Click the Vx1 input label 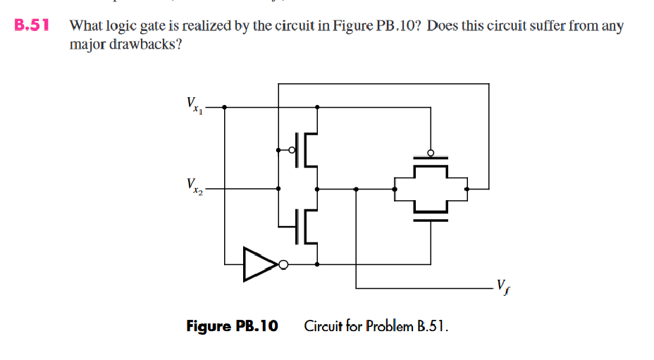pos(192,106)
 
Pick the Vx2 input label pos(192,187)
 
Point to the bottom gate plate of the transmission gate pos(430,219)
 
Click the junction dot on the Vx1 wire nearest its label pos(225,108)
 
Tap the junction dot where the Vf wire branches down pos(356,189)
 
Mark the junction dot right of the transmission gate pos(469,189)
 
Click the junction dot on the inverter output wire pos(317,264)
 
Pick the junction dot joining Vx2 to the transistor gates pos(279,189)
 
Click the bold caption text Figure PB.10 pos(232,326)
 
